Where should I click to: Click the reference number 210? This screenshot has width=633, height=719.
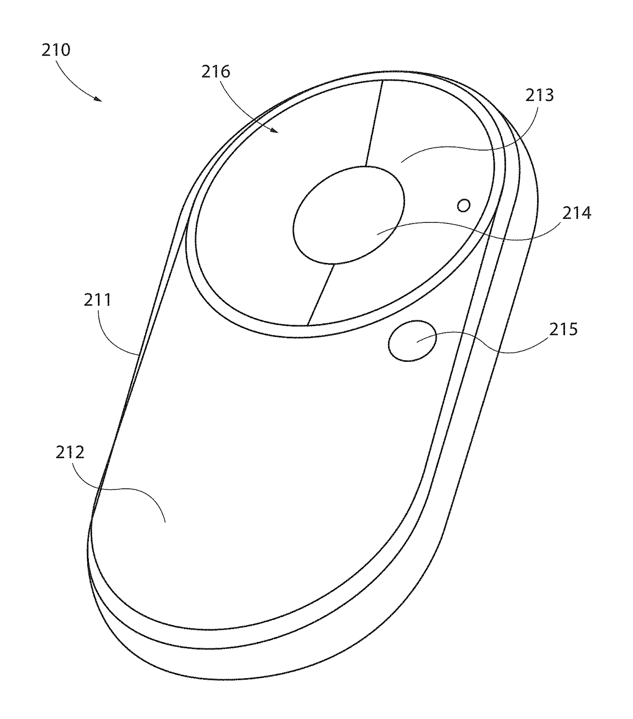(x=56, y=50)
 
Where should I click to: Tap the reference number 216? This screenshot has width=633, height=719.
(x=216, y=71)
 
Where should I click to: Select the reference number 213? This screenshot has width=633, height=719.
(x=539, y=95)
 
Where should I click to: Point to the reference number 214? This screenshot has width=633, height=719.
(x=576, y=213)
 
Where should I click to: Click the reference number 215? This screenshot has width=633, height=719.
(x=564, y=330)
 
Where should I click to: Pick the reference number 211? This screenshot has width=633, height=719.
(x=98, y=300)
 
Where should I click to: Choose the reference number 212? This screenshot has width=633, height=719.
(x=70, y=453)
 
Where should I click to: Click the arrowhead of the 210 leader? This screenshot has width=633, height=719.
(x=99, y=99)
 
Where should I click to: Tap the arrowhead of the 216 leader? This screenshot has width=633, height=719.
(x=274, y=130)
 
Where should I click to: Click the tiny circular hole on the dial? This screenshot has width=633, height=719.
(x=464, y=206)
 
